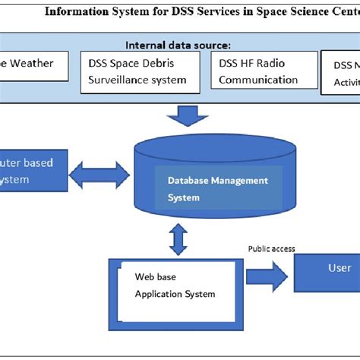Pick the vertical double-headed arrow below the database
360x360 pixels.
click(x=178, y=238)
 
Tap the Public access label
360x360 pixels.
click(x=271, y=248)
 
